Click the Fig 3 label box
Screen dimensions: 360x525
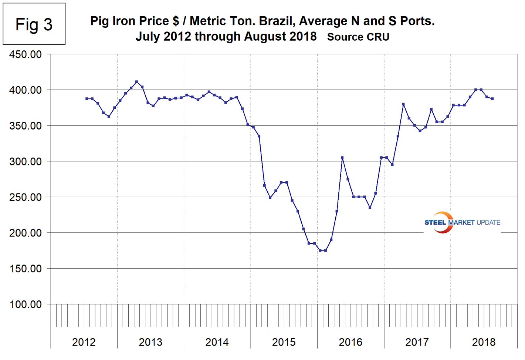[34, 24]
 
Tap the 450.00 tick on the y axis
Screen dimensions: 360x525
[26, 54]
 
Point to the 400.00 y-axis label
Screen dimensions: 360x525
[26, 90]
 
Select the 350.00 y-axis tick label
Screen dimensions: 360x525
[26, 126]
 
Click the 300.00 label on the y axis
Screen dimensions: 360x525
[26, 161]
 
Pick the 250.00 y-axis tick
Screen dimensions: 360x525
[26, 197]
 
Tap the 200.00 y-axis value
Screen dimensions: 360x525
[26, 233]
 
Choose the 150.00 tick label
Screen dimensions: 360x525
[26, 269]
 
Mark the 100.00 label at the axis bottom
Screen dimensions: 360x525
[26, 304]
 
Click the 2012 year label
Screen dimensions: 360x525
[84, 342]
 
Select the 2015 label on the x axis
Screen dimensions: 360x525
[284, 342]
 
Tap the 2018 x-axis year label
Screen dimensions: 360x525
[484, 342]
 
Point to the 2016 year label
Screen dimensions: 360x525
[350, 342]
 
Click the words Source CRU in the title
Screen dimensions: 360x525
[358, 37]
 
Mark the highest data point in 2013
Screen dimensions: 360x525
[137, 82]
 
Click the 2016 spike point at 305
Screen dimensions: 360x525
[342, 158]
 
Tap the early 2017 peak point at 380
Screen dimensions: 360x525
[403, 104]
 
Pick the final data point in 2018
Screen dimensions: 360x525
[492, 99]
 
